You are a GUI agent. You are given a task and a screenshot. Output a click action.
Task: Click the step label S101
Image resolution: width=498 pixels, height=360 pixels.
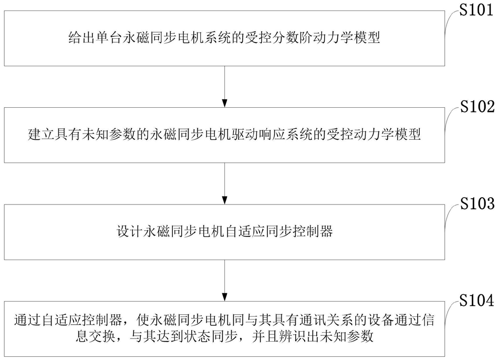point(476,10)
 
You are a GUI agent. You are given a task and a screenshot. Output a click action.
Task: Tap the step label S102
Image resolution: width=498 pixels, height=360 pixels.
point(478,107)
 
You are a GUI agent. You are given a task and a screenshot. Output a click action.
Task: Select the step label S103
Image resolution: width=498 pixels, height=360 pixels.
point(478,203)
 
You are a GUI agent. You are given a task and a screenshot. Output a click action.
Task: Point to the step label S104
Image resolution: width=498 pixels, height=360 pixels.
point(477,300)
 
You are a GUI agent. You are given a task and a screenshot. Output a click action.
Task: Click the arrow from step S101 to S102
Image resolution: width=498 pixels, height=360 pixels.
point(224,86)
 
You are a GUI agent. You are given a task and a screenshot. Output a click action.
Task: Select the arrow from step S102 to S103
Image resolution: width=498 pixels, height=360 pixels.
point(224,183)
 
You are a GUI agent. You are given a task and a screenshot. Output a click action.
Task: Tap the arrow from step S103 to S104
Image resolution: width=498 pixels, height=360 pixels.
point(224,280)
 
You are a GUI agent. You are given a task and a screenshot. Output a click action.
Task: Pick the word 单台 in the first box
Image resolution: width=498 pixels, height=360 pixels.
point(109,38)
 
